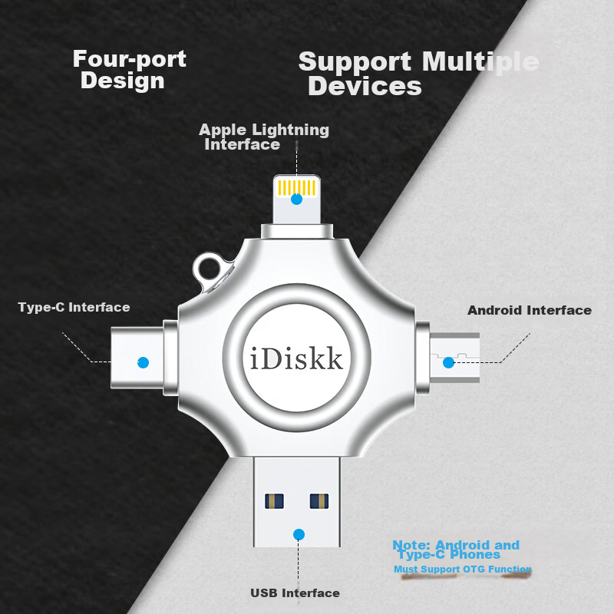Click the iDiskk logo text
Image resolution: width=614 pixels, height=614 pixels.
296,358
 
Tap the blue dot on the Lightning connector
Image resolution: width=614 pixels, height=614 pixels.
296,200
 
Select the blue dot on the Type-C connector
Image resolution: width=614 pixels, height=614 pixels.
144,362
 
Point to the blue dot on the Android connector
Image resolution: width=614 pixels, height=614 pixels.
448,362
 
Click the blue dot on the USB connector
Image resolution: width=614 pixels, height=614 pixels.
299,534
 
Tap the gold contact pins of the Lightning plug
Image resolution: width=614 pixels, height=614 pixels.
296,187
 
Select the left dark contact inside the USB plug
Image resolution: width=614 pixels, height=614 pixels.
274,501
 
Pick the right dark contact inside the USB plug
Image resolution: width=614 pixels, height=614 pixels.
319,501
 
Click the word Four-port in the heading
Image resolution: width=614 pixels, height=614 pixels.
130,59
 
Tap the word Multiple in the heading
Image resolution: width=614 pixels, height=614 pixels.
480,62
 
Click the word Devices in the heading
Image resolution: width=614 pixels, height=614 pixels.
365,86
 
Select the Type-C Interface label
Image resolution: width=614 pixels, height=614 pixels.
74,308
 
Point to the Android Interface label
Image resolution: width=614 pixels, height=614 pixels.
530,310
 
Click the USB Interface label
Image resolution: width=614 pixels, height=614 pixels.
295,593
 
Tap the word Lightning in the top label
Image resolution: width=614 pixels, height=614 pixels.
290,130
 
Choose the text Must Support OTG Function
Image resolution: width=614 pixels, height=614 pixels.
463,569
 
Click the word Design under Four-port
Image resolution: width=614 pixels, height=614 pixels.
123,81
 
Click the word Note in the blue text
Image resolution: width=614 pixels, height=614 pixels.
411,545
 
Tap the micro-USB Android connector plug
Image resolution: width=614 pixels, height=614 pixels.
454,358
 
